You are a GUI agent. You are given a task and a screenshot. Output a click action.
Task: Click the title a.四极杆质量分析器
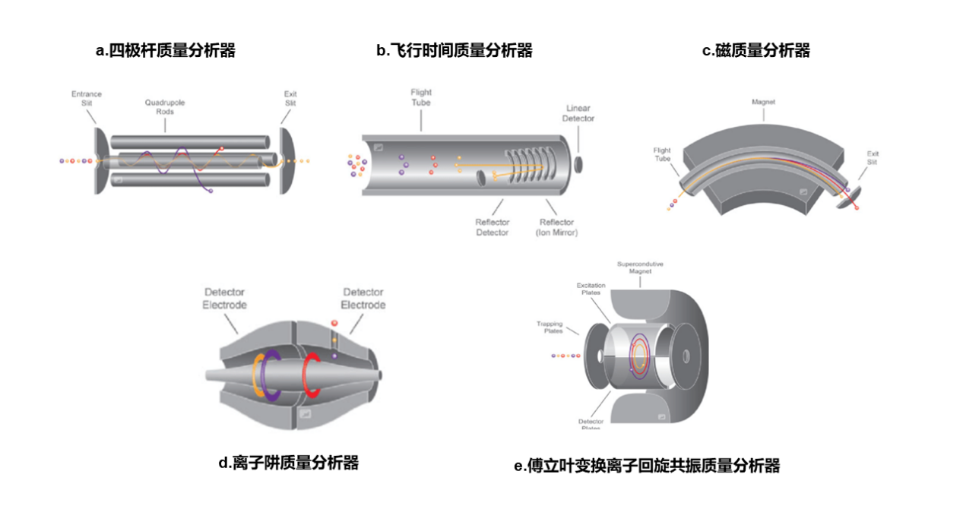165,51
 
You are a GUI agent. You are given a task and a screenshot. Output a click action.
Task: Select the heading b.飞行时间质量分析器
455,51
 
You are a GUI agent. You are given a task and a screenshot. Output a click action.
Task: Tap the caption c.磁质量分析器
756,51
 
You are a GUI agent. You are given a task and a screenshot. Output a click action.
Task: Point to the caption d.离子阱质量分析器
288,462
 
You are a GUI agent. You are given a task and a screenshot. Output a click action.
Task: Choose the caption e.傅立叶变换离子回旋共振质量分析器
647,466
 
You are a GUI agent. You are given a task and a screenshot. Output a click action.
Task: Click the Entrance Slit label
87,99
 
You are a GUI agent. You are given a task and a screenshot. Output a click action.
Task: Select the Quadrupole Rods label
165,107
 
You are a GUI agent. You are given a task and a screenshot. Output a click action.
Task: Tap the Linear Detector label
578,113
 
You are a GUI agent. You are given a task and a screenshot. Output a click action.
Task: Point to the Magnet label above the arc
763,102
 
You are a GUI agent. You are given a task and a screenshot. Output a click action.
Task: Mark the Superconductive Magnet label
640,267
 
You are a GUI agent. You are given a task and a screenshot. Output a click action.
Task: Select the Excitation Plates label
591,289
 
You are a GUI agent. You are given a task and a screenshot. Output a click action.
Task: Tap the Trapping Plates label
550,327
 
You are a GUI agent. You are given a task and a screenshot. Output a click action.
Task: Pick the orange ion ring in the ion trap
258,375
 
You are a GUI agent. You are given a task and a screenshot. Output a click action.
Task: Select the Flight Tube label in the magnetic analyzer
662,155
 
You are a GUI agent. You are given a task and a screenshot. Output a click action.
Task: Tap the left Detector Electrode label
224,299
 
